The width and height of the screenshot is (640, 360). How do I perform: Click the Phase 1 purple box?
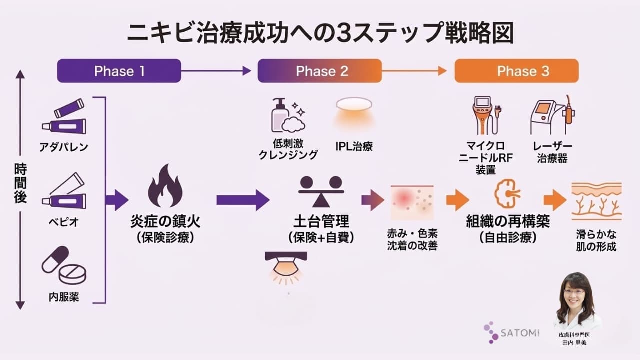[119, 71]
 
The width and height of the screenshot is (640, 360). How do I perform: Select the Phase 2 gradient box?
[319, 71]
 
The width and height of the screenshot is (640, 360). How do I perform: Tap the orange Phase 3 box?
[516, 71]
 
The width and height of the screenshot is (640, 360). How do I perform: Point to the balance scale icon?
[321, 190]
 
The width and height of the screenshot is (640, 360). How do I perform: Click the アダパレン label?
[64, 147]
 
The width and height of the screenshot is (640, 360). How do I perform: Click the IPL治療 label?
[354, 147]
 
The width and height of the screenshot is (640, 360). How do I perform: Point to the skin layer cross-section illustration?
[596, 201]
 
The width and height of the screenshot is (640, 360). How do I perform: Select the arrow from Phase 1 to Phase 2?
[216, 71]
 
